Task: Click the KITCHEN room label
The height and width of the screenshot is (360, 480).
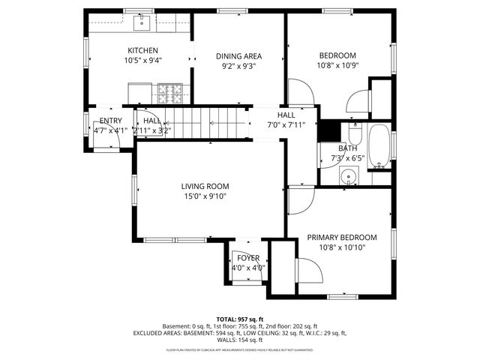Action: [x=142, y=50]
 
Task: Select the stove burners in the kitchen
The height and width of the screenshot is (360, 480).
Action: [x=170, y=93]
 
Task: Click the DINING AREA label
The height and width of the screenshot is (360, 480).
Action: [x=238, y=56]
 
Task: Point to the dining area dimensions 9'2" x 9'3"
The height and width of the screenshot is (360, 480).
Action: [x=238, y=66]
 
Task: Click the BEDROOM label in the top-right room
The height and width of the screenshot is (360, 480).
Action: [x=337, y=55]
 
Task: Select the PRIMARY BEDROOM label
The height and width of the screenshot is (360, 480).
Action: [x=342, y=238]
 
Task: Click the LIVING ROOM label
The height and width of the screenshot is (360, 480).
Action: [x=205, y=187]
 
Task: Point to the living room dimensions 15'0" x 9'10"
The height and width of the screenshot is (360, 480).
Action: [x=205, y=196]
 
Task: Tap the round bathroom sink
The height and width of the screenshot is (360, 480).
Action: [x=348, y=178]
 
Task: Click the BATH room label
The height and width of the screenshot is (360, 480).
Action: [x=347, y=148]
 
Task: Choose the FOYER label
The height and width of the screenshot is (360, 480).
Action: [x=247, y=258]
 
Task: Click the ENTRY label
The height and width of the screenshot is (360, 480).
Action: [x=110, y=121]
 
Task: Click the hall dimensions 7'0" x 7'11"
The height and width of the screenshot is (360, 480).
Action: [x=286, y=124]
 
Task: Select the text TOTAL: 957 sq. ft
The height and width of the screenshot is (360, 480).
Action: [x=240, y=319]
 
